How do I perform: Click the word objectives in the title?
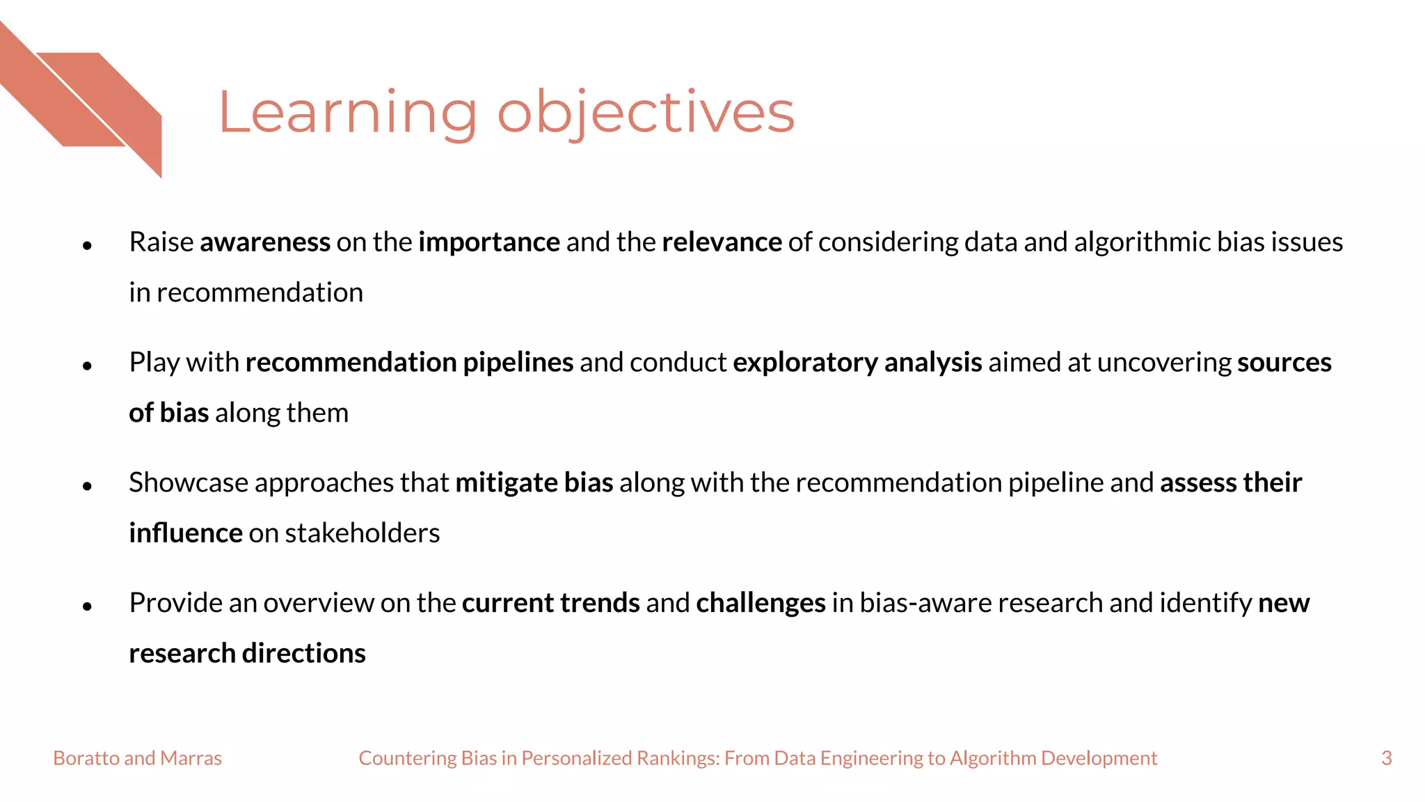coord(645,113)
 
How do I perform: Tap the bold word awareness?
coord(264,242)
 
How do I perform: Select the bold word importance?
coord(488,242)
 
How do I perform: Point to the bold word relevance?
coord(722,242)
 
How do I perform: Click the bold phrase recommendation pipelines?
coord(409,363)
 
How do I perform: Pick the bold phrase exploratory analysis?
coord(857,363)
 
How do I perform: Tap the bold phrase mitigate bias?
coord(534,483)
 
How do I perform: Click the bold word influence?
coord(185,533)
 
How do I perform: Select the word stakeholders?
coord(362,533)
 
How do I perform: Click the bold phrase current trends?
coord(550,603)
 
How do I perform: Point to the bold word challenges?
coord(761,603)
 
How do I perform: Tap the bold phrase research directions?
coord(247,654)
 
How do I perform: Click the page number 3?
coord(1386,758)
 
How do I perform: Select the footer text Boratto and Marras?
coord(137,758)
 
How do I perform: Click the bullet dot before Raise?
coord(87,245)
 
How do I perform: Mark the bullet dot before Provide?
coord(87,606)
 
